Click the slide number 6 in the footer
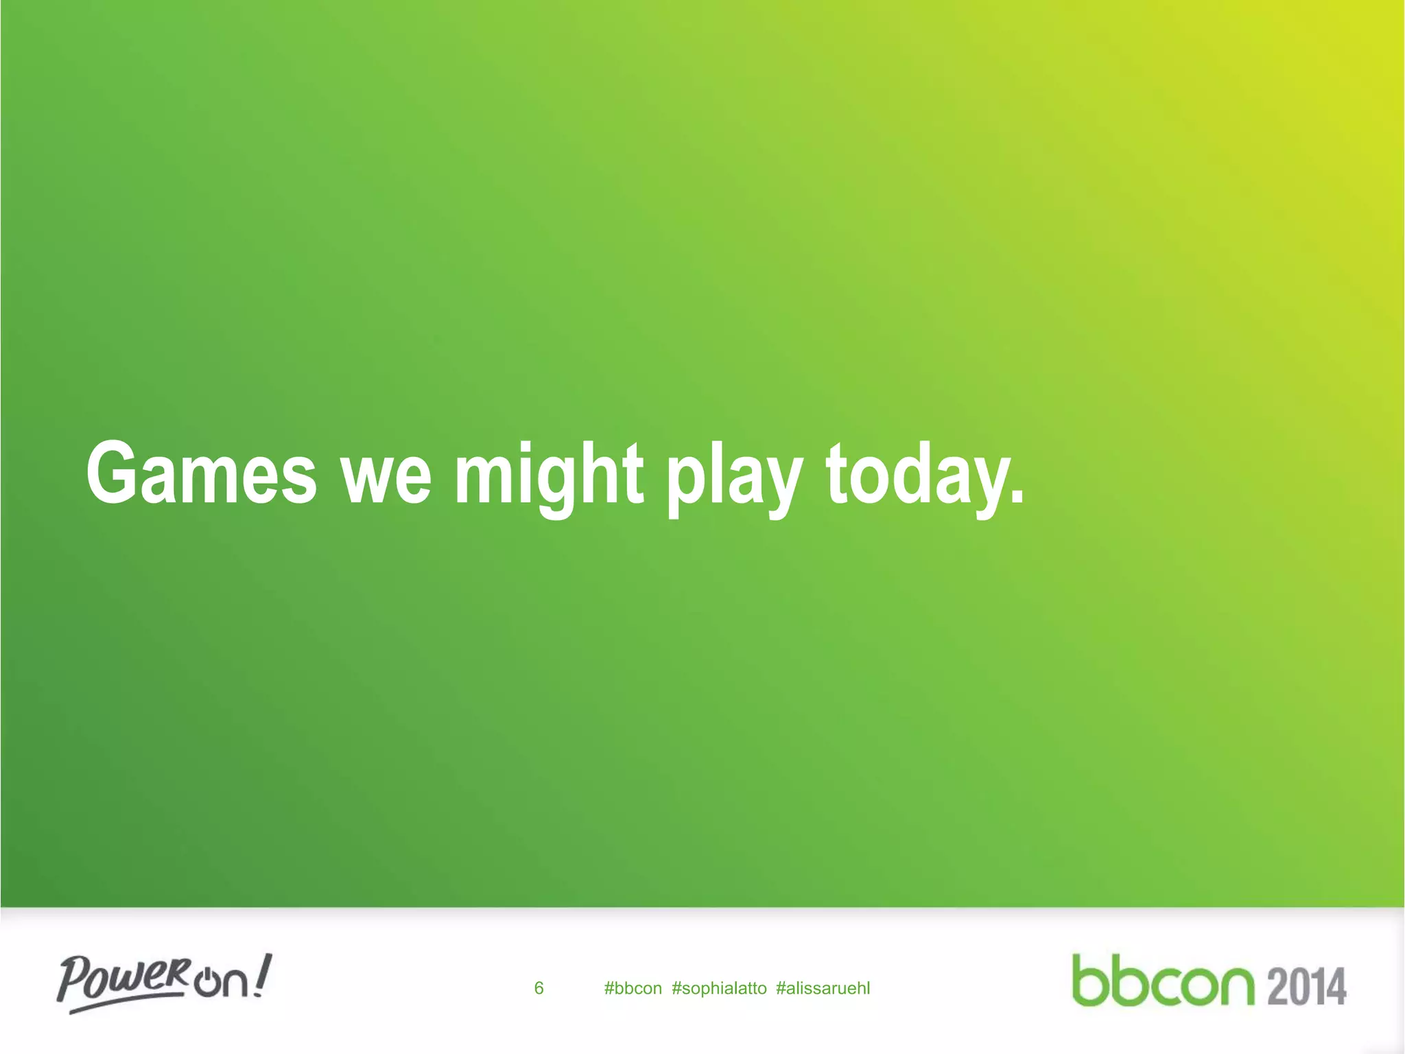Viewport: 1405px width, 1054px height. point(539,988)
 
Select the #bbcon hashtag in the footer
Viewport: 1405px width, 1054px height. point(633,988)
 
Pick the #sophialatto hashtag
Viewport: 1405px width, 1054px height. point(719,988)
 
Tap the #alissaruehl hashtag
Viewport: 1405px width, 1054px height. point(823,988)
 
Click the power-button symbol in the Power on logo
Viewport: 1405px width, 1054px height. point(205,983)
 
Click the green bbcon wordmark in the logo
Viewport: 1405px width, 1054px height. point(1163,981)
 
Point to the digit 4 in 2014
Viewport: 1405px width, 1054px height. point(1334,986)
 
